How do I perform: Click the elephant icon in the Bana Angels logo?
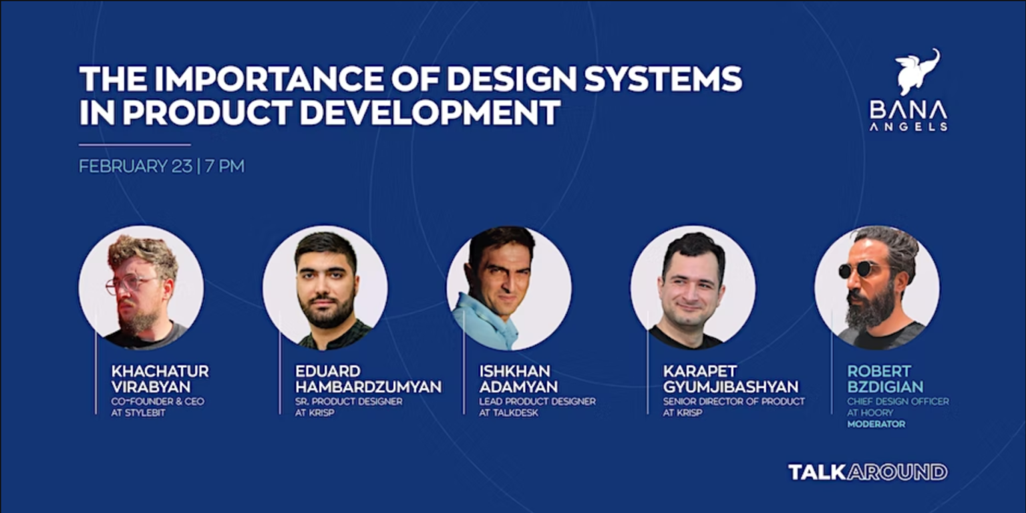point(917,71)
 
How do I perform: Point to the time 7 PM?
point(225,166)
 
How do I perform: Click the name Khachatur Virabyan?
point(160,379)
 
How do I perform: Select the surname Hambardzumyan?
point(368,387)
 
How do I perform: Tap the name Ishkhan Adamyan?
point(518,379)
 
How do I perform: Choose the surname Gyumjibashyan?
point(730,387)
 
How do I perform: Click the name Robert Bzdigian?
point(885,379)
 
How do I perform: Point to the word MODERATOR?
point(876,423)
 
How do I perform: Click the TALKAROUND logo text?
point(868,472)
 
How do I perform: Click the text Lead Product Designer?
point(537,401)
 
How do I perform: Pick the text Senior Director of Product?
point(733,401)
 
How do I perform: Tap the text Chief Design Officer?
point(897,401)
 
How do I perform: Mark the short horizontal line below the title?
point(134,144)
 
